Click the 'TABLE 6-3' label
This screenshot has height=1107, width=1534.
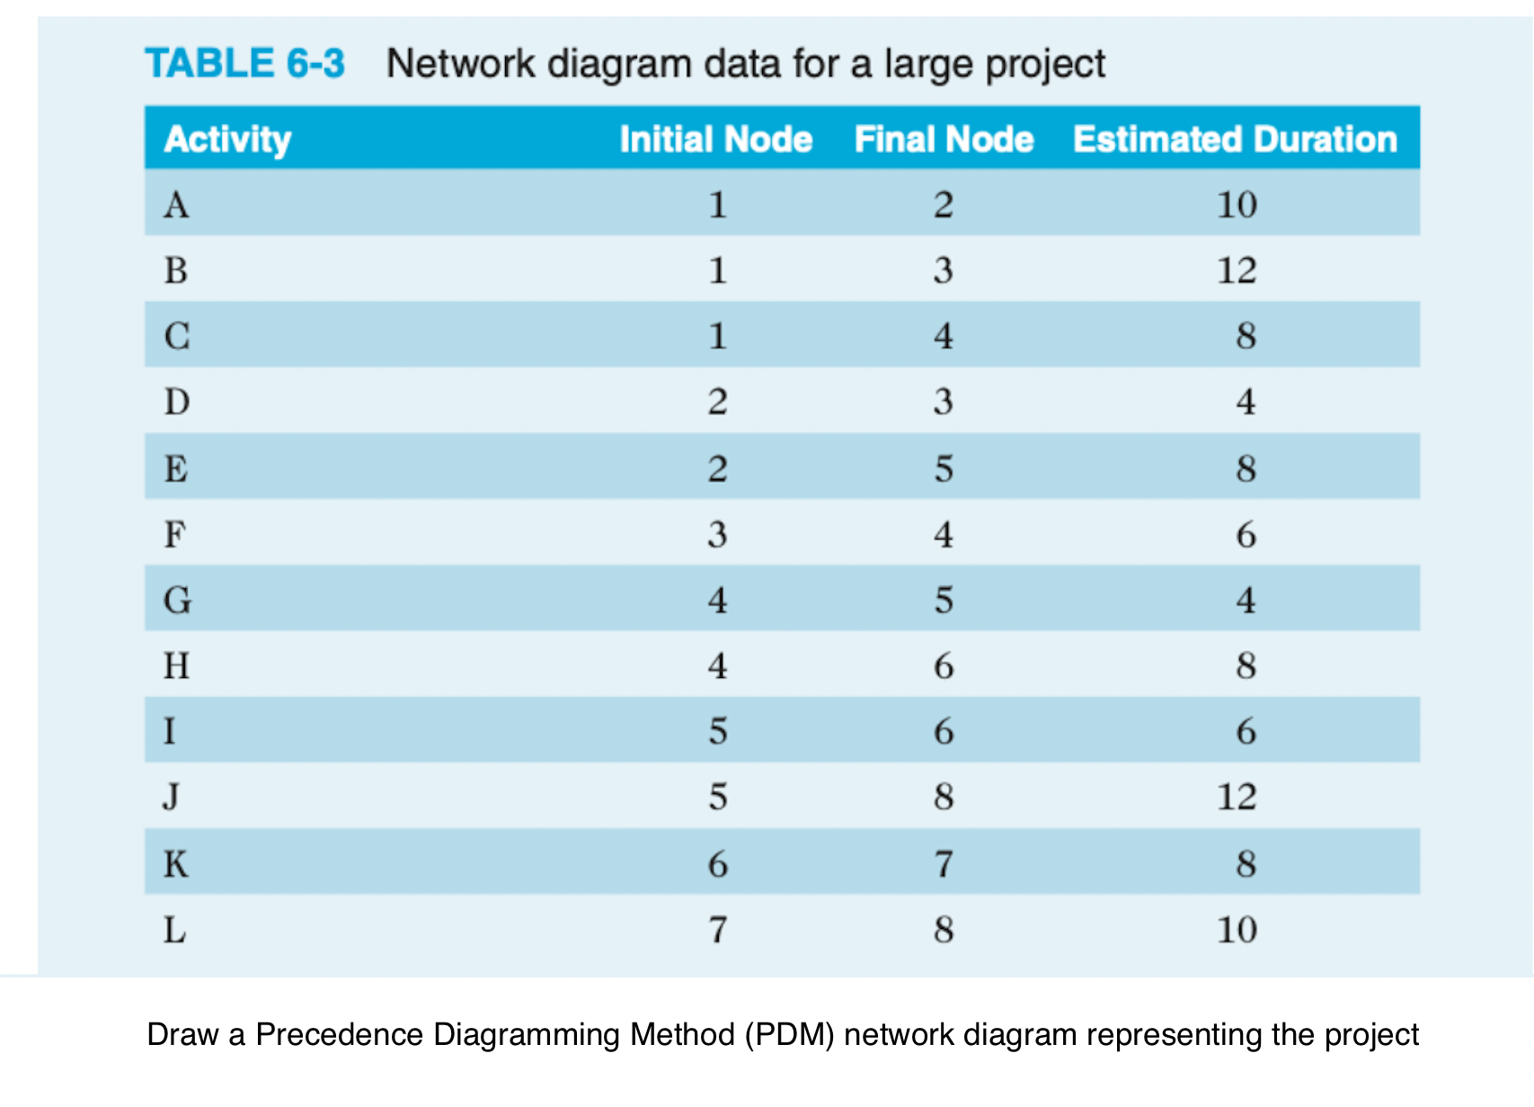pyautogui.click(x=244, y=64)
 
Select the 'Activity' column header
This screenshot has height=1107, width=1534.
pyautogui.click(x=227, y=139)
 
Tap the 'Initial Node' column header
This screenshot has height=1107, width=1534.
pyautogui.click(x=715, y=139)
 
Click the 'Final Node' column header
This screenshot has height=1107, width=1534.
pyautogui.click(x=944, y=139)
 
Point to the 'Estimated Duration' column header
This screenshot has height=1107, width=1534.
pyautogui.click(x=1235, y=139)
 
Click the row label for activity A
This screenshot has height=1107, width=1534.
pyautogui.click(x=176, y=205)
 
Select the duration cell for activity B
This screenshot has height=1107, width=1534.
pyautogui.click(x=1237, y=271)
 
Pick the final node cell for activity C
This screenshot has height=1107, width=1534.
pyautogui.click(x=943, y=336)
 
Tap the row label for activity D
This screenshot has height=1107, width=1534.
pyautogui.click(x=177, y=401)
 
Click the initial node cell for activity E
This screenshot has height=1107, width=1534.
pyautogui.click(x=717, y=469)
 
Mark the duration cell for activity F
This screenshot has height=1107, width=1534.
pyautogui.click(x=1246, y=535)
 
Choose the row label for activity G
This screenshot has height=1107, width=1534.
pyautogui.click(x=177, y=600)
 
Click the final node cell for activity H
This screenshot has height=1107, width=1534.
pyautogui.click(x=944, y=666)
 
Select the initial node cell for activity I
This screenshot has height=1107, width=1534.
pyautogui.click(x=717, y=731)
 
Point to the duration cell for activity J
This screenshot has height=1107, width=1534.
pyautogui.click(x=1237, y=797)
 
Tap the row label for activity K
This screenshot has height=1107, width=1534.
pyautogui.click(x=176, y=864)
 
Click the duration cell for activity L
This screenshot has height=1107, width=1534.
pyautogui.click(x=1237, y=929)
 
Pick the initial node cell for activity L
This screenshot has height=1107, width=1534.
pyautogui.click(x=717, y=929)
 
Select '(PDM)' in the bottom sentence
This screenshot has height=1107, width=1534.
pyautogui.click(x=789, y=1035)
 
